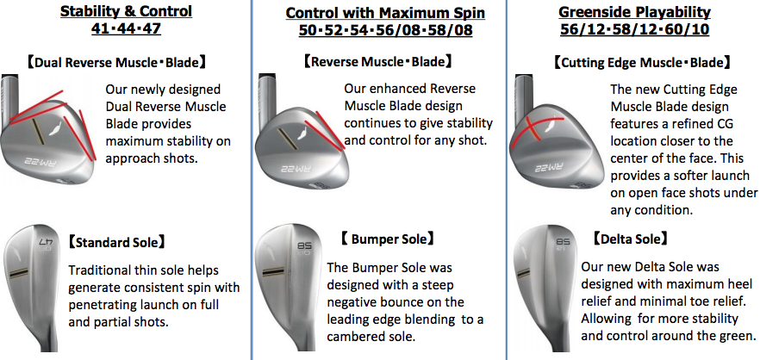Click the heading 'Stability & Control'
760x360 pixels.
(x=126, y=11)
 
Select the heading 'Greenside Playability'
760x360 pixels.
(x=634, y=12)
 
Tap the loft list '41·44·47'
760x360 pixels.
(x=126, y=28)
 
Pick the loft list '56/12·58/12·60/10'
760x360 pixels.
(x=634, y=29)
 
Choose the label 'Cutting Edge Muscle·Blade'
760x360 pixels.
(x=641, y=63)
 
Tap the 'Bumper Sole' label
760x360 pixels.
(x=386, y=239)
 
